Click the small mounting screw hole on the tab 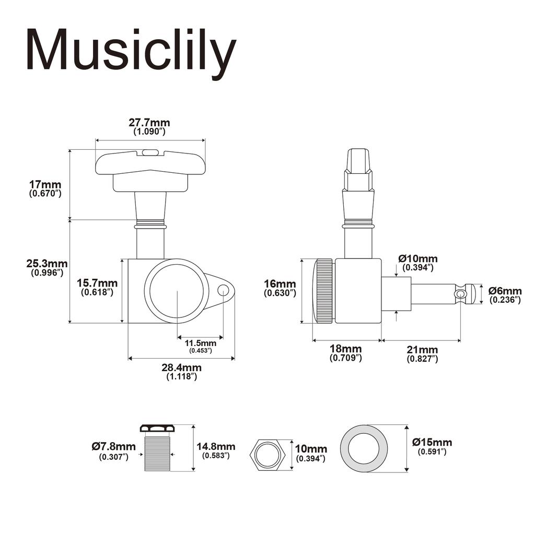point(223,290)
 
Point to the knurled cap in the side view point(323,291)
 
